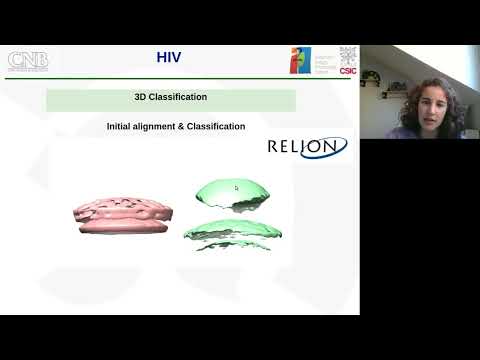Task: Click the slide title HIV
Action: (169, 57)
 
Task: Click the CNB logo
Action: (27, 61)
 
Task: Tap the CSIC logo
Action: (348, 60)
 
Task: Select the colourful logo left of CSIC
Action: (301, 60)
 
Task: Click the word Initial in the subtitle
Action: (119, 127)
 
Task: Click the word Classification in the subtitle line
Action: (218, 127)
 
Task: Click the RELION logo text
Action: (307, 147)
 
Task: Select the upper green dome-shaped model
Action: (232, 192)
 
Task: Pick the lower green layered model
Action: (232, 232)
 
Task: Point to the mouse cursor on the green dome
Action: (236, 187)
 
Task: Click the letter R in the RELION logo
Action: (275, 147)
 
